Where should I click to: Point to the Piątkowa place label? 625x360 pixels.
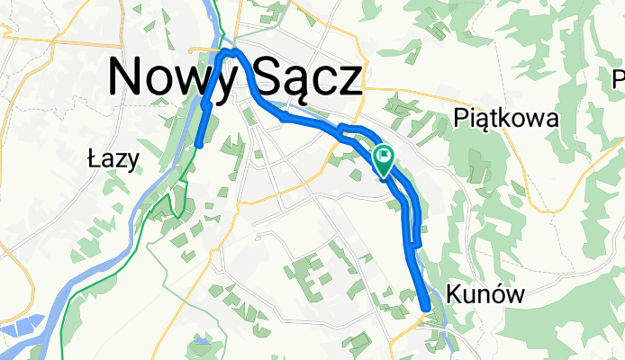point(507,118)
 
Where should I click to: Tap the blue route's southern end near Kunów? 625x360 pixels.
point(425,310)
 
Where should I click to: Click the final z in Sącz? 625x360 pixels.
point(349,81)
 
